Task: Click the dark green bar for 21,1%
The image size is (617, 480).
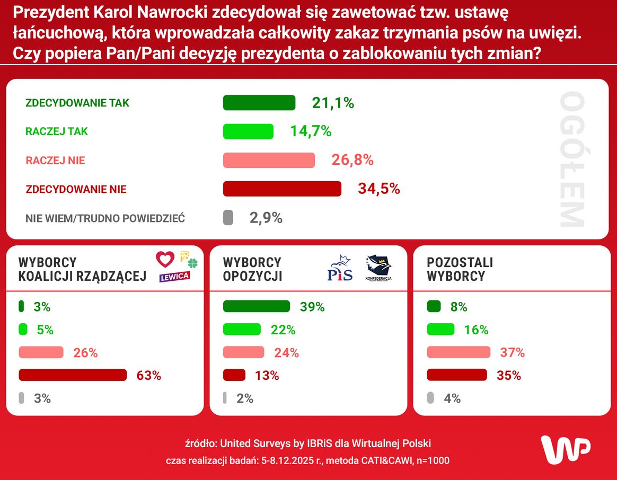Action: click(x=259, y=103)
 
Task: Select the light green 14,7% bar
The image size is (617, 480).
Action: click(x=248, y=131)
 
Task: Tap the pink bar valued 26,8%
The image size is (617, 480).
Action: click(x=269, y=160)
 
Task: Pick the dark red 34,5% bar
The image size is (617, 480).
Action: click(x=282, y=189)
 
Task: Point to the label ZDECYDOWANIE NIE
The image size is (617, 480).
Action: click(x=76, y=189)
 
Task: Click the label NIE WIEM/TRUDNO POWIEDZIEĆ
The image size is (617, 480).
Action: click(x=105, y=218)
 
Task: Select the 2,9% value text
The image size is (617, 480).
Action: click(x=266, y=217)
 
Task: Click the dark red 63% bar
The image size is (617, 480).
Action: click(x=73, y=375)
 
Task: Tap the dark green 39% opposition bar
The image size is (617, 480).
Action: click(x=257, y=306)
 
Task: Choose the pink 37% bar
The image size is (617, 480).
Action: click(x=459, y=352)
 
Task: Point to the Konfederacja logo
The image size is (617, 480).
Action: click(x=378, y=268)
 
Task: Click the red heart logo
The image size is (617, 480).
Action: click(x=165, y=259)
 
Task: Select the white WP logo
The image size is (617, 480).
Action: click(x=565, y=450)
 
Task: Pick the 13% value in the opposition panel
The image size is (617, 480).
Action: click(x=267, y=376)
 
